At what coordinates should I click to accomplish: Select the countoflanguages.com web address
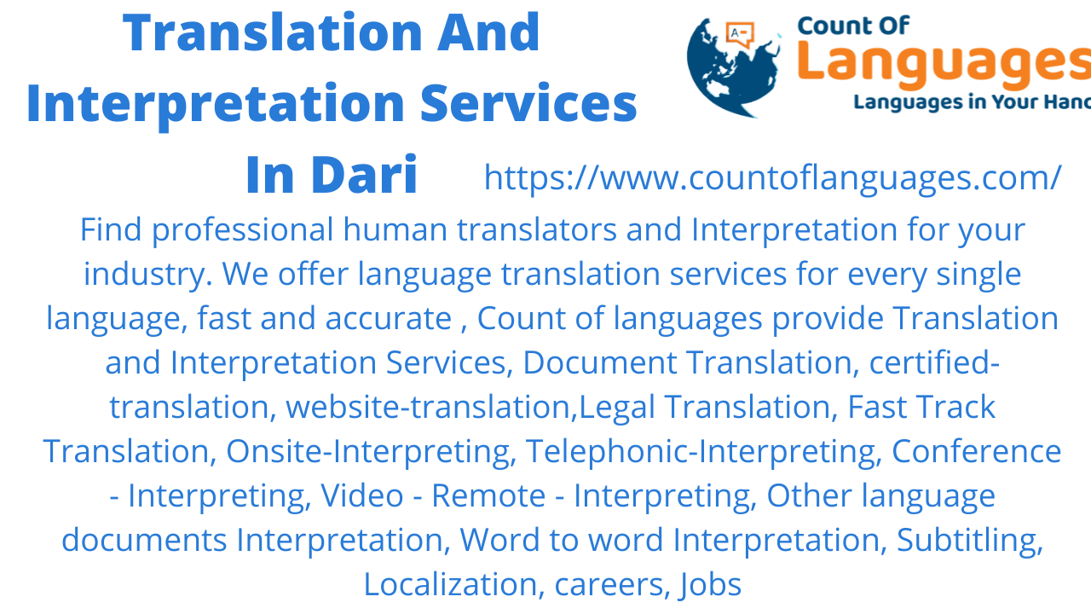click(772, 177)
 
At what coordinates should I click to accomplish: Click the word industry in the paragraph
click(147, 275)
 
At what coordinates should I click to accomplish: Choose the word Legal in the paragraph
click(617, 408)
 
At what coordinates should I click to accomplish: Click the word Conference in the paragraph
click(976, 452)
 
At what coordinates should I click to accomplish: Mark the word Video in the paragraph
click(362, 496)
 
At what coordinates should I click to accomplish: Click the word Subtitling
click(970, 541)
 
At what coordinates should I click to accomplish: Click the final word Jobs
click(710, 585)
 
